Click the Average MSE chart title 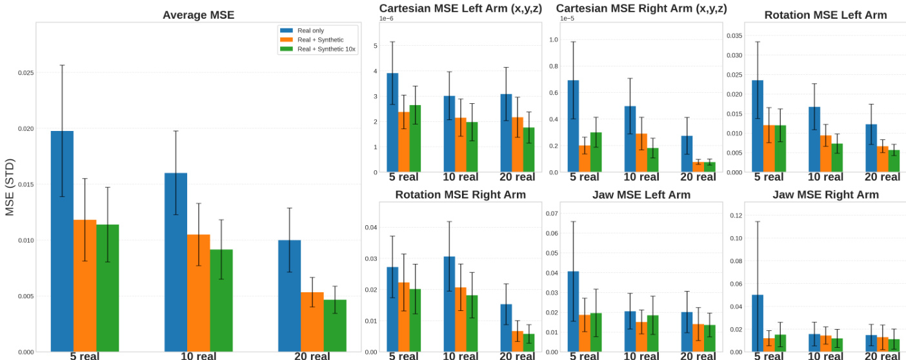[x=198, y=14]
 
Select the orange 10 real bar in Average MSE [x=199, y=293]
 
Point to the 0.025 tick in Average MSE [x=26, y=73]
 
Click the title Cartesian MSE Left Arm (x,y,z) [x=461, y=8]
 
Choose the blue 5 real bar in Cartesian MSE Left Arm [x=392, y=123]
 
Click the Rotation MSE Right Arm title [x=460, y=194]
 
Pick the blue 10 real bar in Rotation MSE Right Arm [x=449, y=304]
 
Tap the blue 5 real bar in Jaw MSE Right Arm [x=758, y=323]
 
